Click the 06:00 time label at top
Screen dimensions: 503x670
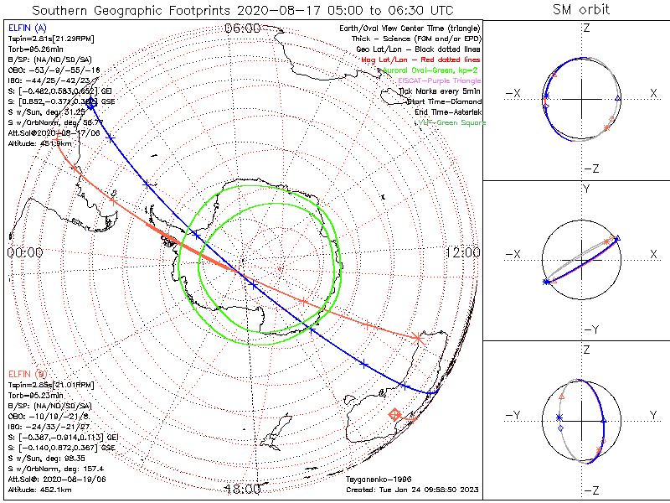[242, 28]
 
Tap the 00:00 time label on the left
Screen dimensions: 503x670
[25, 252]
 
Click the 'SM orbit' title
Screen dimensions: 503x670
[581, 10]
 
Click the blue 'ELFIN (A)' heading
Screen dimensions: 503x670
[26, 29]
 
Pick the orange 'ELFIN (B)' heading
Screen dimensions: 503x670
[26, 373]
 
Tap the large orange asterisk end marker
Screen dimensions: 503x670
[419, 338]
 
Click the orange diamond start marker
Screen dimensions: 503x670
[394, 414]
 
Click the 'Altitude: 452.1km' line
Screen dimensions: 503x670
[39, 489]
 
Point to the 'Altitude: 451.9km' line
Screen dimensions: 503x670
[39, 143]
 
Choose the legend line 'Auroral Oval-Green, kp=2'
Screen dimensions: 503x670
[430, 70]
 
